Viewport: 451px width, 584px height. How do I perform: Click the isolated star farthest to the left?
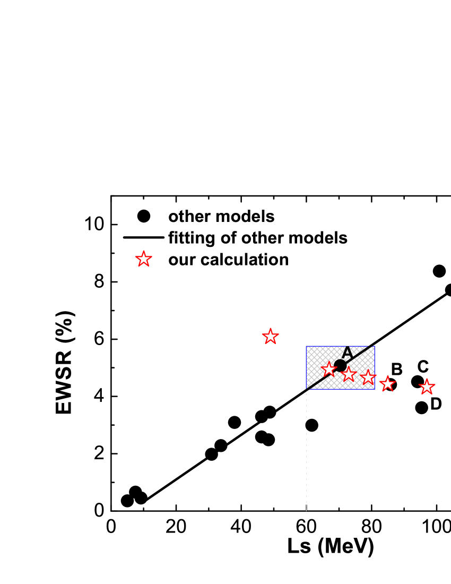click(x=144, y=259)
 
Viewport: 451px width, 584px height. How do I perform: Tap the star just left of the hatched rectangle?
click(x=271, y=336)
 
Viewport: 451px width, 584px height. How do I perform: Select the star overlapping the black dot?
click(x=329, y=369)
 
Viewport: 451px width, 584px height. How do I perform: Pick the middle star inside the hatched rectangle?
click(x=349, y=374)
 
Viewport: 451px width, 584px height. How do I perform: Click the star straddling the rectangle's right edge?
click(x=368, y=377)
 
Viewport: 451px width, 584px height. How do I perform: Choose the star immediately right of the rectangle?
click(x=388, y=383)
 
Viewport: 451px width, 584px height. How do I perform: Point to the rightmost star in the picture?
click(x=427, y=387)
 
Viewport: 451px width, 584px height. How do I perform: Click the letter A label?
click(x=347, y=353)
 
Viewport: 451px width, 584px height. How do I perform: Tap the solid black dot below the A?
click(x=340, y=365)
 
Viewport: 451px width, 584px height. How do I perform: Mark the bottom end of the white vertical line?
click(x=306, y=510)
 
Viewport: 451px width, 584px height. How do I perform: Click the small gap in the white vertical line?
click(x=306, y=425)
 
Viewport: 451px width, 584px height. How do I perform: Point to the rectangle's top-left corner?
click(x=306, y=346)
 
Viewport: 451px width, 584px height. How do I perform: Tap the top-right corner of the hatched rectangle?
click(x=375, y=346)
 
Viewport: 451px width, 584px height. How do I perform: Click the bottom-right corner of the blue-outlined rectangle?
click(x=375, y=389)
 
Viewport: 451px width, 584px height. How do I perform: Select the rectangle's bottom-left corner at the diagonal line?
click(x=306, y=389)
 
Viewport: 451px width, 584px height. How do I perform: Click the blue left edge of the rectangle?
click(x=306, y=366)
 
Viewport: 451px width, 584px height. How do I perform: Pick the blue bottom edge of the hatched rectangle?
click(x=345, y=389)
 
